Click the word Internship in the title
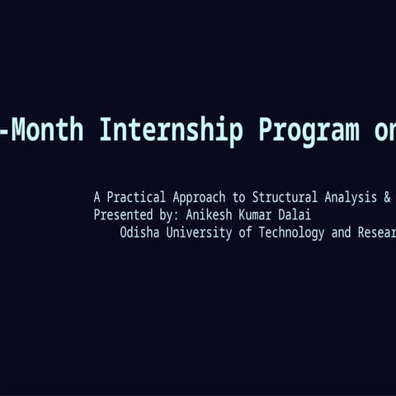[172, 130]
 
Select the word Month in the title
[47, 130]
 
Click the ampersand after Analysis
[387, 197]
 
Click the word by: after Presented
[169, 214]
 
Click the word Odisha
[139, 233]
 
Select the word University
[199, 233]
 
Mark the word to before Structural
[238, 197]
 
